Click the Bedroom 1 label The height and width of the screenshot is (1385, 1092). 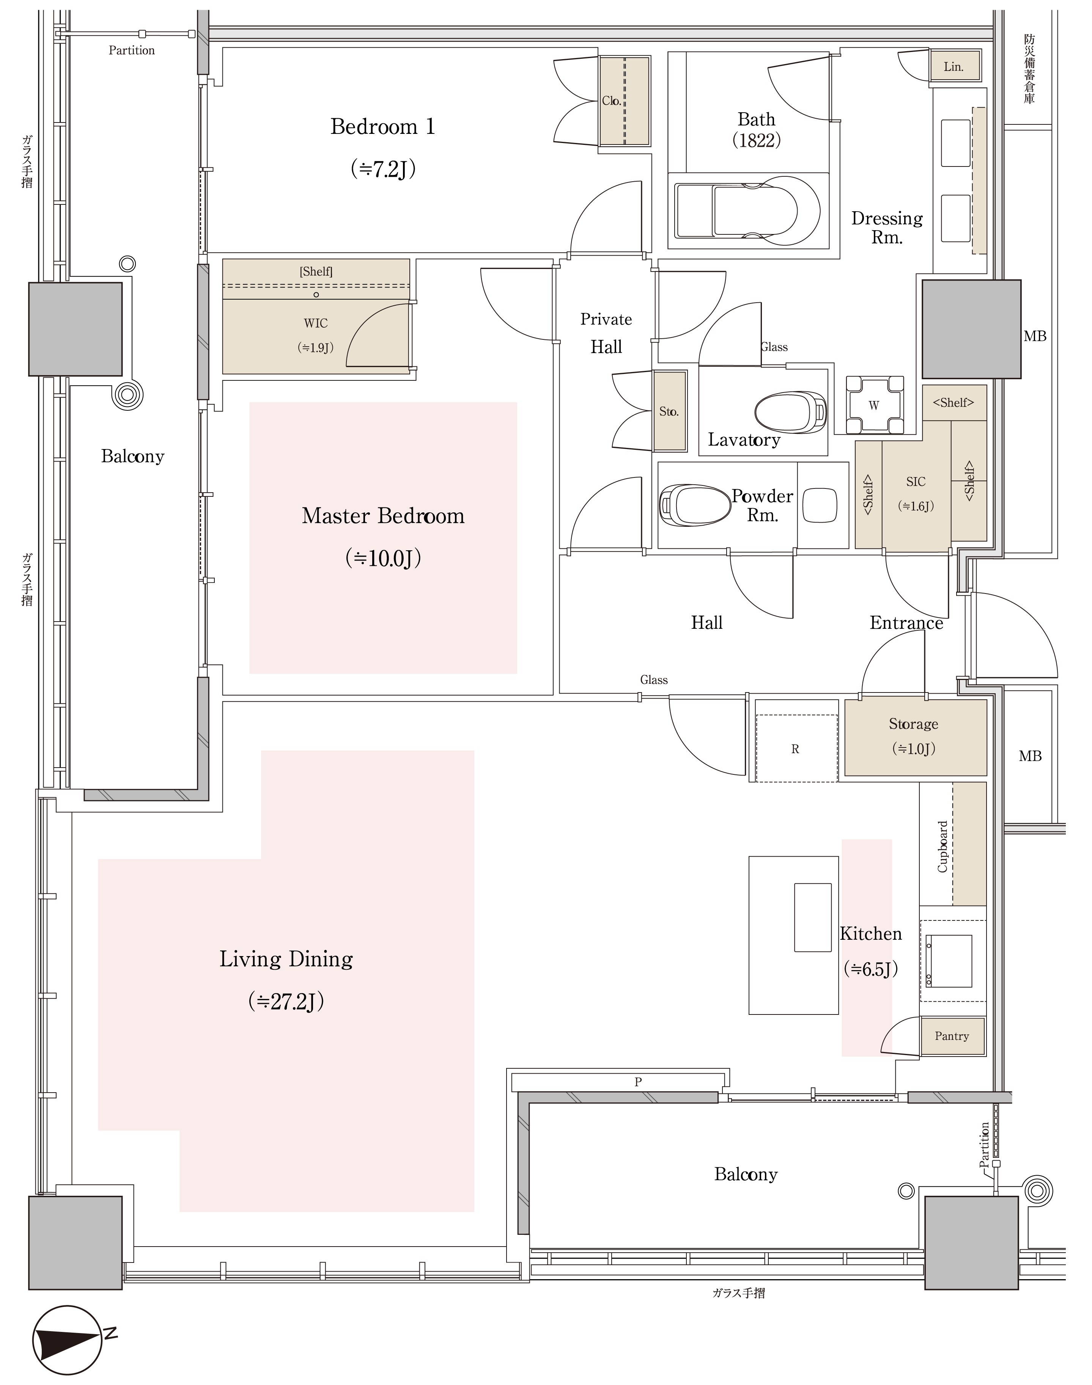[x=382, y=127]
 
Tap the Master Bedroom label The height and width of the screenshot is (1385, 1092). [x=383, y=516]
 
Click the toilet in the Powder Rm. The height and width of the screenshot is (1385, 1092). [x=694, y=505]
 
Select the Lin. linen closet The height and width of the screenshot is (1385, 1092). [x=954, y=66]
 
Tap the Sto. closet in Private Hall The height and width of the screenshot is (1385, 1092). [x=669, y=411]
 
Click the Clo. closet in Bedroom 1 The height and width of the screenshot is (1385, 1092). [x=624, y=101]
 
